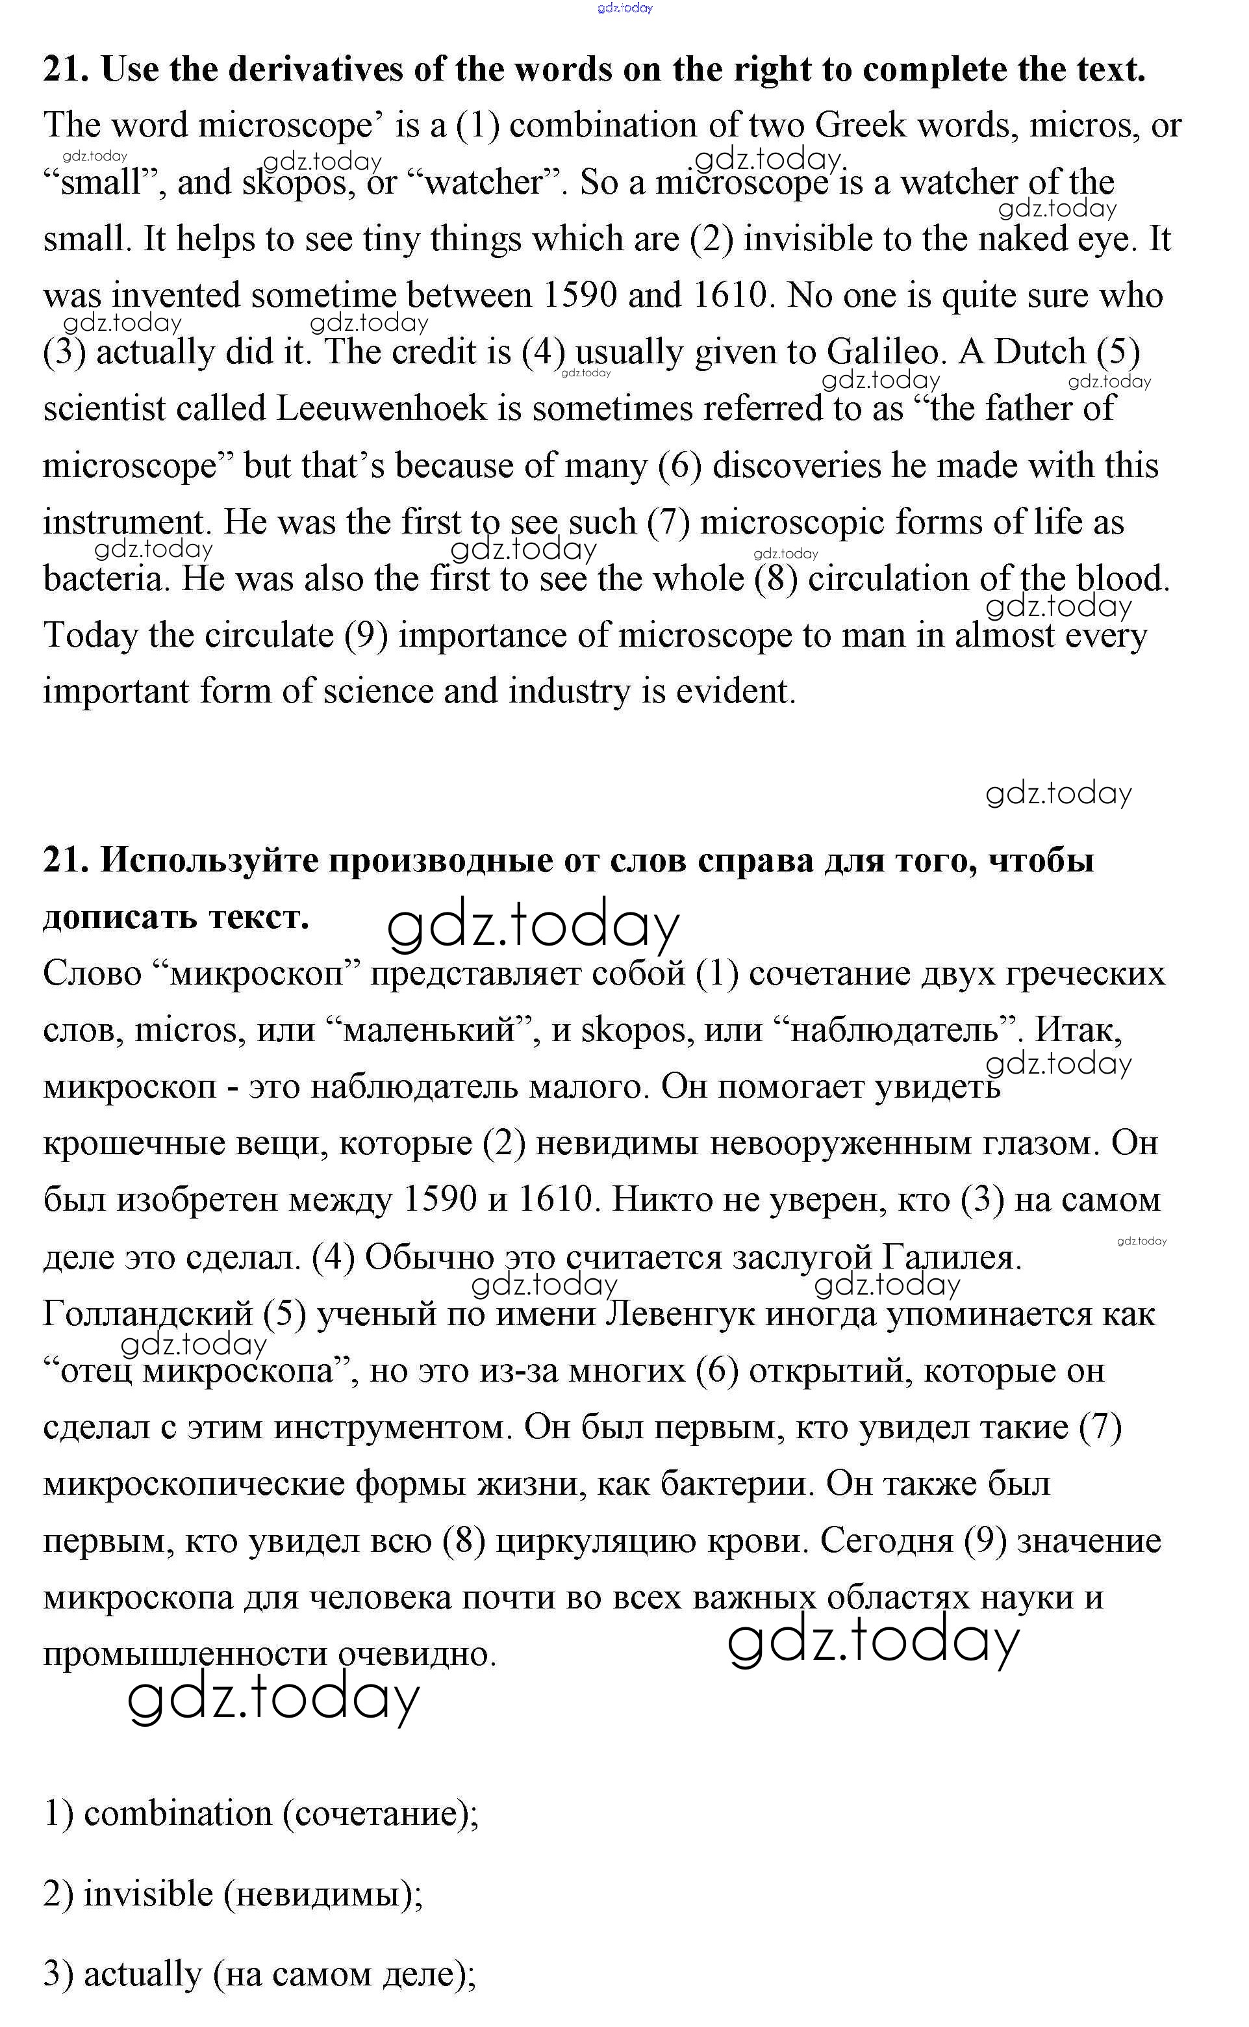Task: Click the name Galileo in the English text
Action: (x=883, y=353)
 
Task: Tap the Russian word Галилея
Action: (x=951, y=1258)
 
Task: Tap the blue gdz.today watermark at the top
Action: (x=625, y=8)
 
